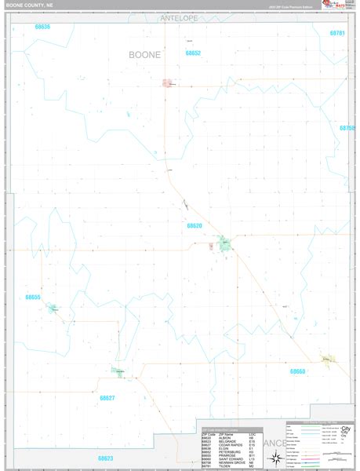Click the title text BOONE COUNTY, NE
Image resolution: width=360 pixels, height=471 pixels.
pyautogui.click(x=29, y=5)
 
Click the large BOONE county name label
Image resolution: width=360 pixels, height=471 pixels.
pyautogui.click(x=144, y=54)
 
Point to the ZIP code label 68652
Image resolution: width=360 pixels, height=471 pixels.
pyautogui.click(x=193, y=53)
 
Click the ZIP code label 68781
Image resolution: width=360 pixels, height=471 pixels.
pyautogui.click(x=336, y=33)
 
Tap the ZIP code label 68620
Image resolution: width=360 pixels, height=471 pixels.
pyautogui.click(x=195, y=225)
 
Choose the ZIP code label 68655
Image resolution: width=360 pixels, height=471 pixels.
pyautogui.click(x=32, y=298)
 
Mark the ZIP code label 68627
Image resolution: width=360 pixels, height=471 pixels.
pyautogui.click(x=107, y=398)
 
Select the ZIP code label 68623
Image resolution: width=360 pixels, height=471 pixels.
pyautogui.click(x=106, y=458)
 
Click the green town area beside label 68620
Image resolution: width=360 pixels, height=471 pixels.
pyautogui.click(x=224, y=243)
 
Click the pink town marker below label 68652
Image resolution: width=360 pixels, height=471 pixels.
pyautogui.click(x=167, y=82)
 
